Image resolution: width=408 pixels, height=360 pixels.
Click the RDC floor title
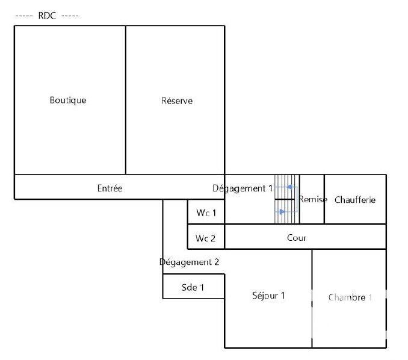coord(46,16)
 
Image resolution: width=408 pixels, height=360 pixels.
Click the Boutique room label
coord(67,101)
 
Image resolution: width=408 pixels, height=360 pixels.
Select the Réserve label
coord(177,101)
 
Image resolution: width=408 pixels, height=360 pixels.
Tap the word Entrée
coord(110,188)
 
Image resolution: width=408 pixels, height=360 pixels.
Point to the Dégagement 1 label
coord(243,188)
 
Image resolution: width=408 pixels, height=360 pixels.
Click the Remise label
coord(313,200)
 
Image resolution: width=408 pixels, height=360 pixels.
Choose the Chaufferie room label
coord(355,200)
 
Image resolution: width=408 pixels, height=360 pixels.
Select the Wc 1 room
coord(206,213)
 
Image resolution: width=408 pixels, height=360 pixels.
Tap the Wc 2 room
coord(206,238)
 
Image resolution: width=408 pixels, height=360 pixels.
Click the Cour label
coord(297,238)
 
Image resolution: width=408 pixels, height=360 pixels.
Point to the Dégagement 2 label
coord(189,262)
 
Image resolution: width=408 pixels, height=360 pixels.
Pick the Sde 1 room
coord(193,288)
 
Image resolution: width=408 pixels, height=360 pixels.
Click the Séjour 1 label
coord(268,296)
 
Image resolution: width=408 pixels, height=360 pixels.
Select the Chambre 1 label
coord(350,297)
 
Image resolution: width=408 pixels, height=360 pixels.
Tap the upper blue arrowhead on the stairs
coord(290,187)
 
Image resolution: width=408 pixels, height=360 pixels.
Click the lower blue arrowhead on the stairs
coord(282,211)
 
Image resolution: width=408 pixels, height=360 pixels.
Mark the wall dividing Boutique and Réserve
coord(126,100)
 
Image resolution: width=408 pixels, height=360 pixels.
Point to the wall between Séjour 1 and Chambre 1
coord(312,298)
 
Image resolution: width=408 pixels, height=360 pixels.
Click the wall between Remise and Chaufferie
coord(324,199)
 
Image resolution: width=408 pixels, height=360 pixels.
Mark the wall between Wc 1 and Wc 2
coord(206,225)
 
